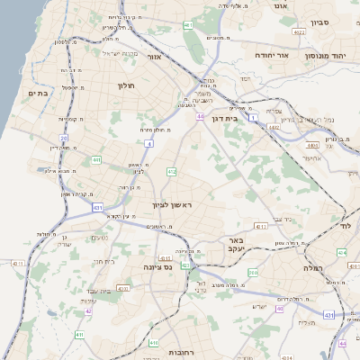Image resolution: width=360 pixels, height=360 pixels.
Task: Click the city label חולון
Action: pos(125,85)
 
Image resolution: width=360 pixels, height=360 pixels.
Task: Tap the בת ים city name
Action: pos(37,94)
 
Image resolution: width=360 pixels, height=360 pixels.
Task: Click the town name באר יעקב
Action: pos(237,246)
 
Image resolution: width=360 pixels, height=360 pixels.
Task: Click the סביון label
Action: pos(322,22)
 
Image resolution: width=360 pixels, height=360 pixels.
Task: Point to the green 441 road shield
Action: pos(95,159)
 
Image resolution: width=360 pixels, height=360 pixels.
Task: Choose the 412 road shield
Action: pos(171,171)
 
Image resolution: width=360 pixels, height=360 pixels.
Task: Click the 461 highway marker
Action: pos(188,25)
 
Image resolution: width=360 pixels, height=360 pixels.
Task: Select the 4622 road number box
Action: pos(299,32)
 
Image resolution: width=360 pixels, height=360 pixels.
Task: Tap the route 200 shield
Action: pos(253,273)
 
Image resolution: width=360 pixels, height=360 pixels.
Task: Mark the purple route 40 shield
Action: pos(88,311)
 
